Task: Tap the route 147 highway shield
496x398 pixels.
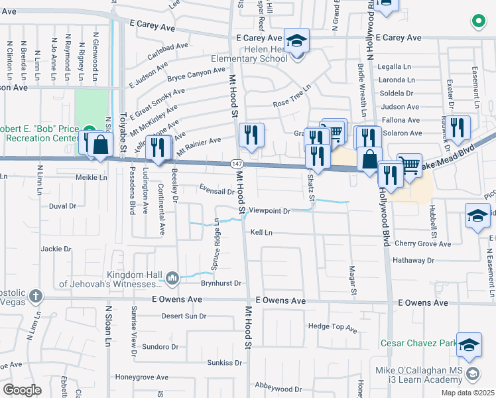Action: click(x=236, y=163)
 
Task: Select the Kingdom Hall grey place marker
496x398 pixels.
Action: click(x=172, y=277)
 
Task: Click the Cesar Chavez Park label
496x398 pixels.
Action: click(x=417, y=344)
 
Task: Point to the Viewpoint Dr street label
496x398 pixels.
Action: click(x=269, y=212)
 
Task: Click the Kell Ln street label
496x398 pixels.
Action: click(x=261, y=233)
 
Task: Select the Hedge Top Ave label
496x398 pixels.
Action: click(x=333, y=327)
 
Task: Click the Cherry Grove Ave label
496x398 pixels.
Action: click(x=422, y=244)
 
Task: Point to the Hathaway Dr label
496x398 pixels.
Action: click(x=412, y=261)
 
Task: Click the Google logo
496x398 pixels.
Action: click(x=23, y=389)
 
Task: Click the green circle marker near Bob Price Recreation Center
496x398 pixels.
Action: click(x=89, y=129)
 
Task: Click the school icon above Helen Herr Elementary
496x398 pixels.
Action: click(x=296, y=40)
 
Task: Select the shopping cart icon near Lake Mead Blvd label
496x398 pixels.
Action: click(x=409, y=166)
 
